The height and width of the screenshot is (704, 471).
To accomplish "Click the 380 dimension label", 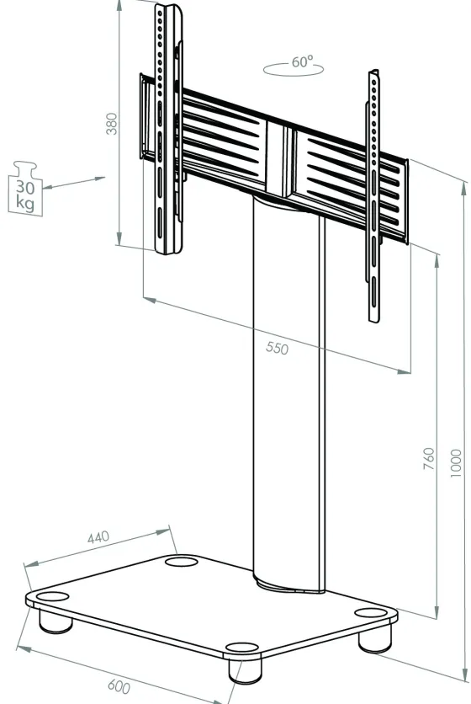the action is click(x=111, y=124).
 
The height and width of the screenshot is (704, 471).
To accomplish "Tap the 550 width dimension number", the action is click(x=277, y=348).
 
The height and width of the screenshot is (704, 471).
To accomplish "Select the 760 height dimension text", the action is click(x=429, y=458).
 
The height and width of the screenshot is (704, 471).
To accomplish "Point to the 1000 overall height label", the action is click(x=455, y=463).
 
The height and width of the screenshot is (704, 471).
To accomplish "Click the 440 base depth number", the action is click(x=98, y=537).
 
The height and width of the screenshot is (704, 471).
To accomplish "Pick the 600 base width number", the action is click(x=119, y=687).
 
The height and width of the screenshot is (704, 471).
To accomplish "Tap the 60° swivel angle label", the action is click(x=302, y=61).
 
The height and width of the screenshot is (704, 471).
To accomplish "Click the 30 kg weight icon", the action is click(x=25, y=189).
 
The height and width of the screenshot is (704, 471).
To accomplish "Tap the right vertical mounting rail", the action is click(x=374, y=195).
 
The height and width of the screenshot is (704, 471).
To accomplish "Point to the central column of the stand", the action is click(x=288, y=395).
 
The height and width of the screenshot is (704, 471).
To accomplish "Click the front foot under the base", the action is click(x=245, y=669).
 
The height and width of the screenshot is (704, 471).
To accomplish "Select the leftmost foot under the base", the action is click(x=56, y=621).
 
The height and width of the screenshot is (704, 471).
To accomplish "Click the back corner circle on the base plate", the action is click(x=181, y=561).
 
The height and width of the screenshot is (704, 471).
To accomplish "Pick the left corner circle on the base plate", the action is click(x=52, y=597).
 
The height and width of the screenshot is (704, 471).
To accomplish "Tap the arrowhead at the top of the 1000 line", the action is click(x=465, y=188).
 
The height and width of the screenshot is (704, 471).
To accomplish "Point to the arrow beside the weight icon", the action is click(x=75, y=183).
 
